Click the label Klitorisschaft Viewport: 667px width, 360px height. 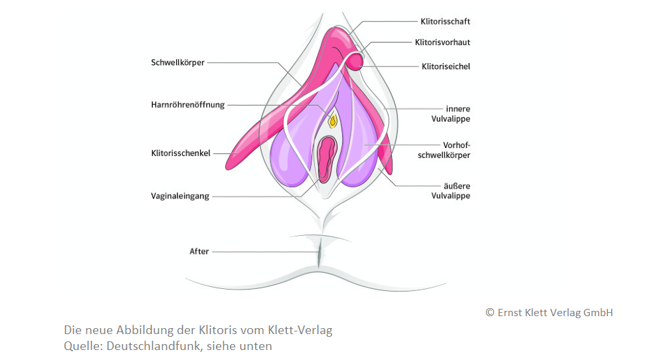coord(445,21)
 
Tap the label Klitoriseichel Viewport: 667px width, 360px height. coord(446,66)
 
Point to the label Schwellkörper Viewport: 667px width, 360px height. coord(178,62)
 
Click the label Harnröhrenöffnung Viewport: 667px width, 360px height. coord(188,104)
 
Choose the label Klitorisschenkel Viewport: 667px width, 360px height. coord(181,153)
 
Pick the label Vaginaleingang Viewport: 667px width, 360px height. coord(181,196)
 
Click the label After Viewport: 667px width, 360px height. coord(199,251)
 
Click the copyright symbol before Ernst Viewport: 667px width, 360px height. coord(490,313)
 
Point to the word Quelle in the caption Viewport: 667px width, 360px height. coord(80,345)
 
